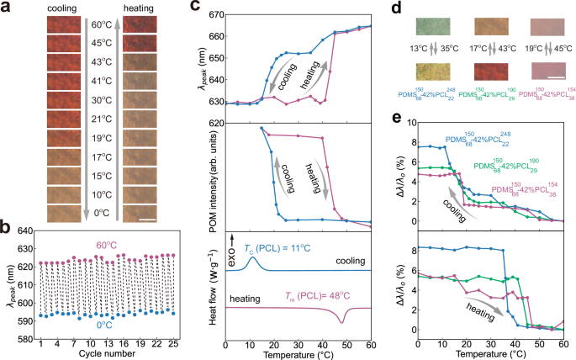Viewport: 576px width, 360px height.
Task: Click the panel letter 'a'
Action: (8, 8)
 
